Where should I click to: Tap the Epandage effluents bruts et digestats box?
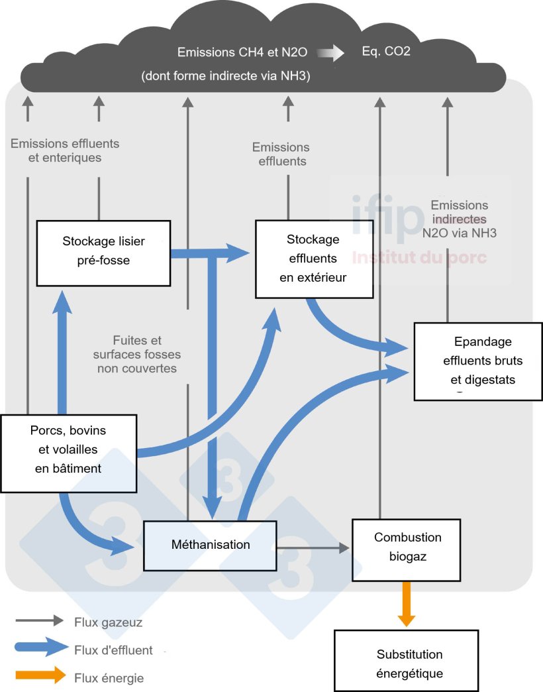pyautogui.click(x=478, y=361)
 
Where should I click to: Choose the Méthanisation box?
pyautogui.click(x=211, y=545)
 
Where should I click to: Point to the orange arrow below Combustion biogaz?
pyautogui.click(x=407, y=604)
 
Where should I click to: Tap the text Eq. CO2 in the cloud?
pyautogui.click(x=386, y=51)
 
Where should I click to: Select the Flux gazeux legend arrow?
pyautogui.click(x=40, y=622)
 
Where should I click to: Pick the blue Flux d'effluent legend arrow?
pyautogui.click(x=40, y=650)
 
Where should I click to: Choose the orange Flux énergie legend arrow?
pyautogui.click(x=40, y=676)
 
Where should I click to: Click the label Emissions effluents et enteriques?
pyautogui.click(x=65, y=150)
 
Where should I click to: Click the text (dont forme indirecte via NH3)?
pyautogui.click(x=225, y=76)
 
